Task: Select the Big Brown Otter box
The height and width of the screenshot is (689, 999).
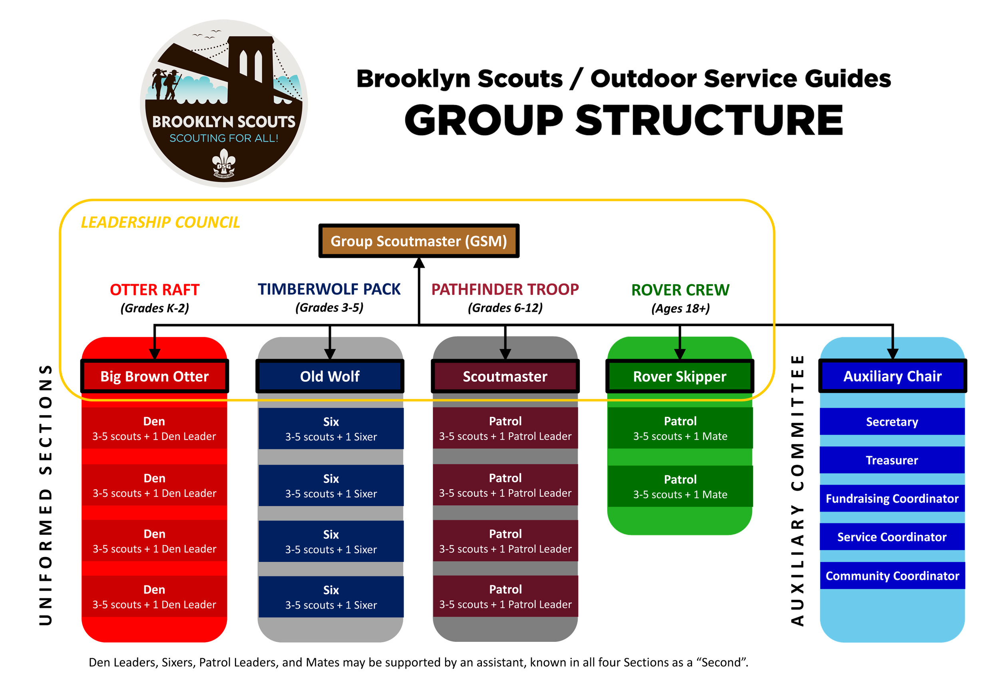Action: pyautogui.click(x=155, y=376)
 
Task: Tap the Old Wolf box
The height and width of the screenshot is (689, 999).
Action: pyautogui.click(x=330, y=376)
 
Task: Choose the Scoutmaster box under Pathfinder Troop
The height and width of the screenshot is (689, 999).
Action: pyautogui.click(x=505, y=376)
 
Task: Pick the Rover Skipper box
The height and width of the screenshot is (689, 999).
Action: pyautogui.click(x=680, y=376)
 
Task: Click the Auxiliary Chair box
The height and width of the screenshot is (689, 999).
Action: pyautogui.click(x=892, y=376)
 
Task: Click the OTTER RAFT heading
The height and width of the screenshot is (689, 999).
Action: pyautogui.click(x=155, y=290)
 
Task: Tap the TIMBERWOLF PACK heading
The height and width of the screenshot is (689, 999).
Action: pyautogui.click(x=329, y=289)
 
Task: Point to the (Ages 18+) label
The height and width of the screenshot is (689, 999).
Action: pyautogui.click(x=680, y=309)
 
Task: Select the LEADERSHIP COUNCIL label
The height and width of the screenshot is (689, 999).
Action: pyautogui.click(x=160, y=222)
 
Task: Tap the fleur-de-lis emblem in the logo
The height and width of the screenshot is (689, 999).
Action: pyautogui.click(x=223, y=163)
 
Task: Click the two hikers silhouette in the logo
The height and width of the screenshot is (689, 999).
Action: pyautogui.click(x=166, y=84)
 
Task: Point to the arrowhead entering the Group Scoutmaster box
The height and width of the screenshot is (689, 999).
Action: pyautogui.click(x=419, y=263)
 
